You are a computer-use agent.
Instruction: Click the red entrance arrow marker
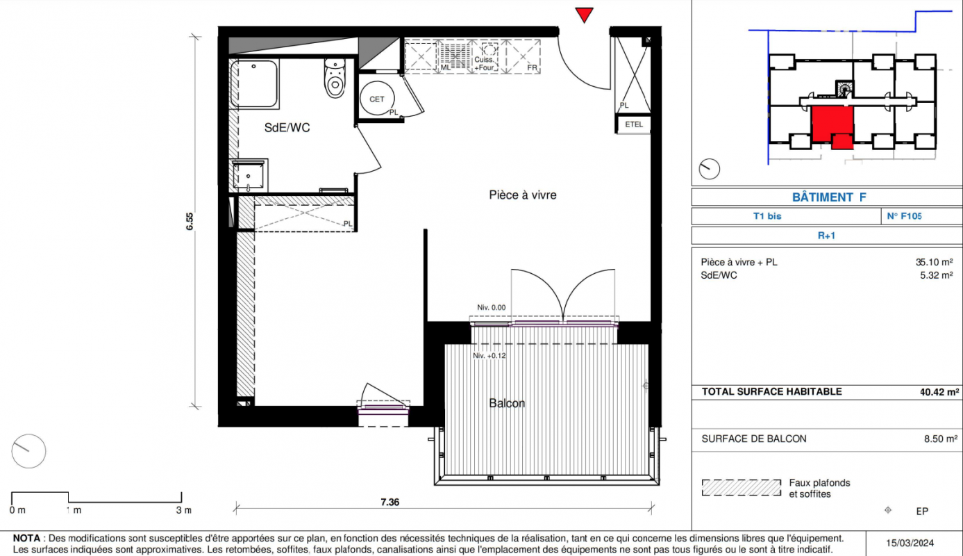tap(584, 15)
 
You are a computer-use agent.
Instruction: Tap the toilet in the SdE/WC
tap(335, 79)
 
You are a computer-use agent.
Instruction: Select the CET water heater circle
tap(377, 99)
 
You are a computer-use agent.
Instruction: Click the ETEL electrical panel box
tap(634, 124)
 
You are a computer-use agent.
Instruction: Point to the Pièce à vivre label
tap(523, 195)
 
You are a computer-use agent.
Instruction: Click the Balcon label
tap(507, 403)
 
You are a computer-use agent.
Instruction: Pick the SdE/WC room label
tap(287, 128)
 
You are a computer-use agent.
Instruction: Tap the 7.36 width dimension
tap(390, 502)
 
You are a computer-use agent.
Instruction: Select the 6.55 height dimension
tap(190, 221)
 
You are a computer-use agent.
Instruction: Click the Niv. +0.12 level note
tap(489, 356)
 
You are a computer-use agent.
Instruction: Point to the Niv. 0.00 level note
tap(492, 307)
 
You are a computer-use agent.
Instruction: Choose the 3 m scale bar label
tap(183, 510)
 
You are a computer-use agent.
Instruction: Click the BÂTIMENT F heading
tap(829, 197)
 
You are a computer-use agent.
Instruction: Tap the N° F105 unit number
tap(905, 216)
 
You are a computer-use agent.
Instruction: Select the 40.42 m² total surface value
tap(939, 392)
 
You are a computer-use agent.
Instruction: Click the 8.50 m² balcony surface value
tap(941, 439)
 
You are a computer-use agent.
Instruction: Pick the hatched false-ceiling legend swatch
tap(741, 488)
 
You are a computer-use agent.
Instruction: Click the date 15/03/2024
tap(910, 543)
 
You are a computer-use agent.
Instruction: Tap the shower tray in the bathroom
tap(254, 83)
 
